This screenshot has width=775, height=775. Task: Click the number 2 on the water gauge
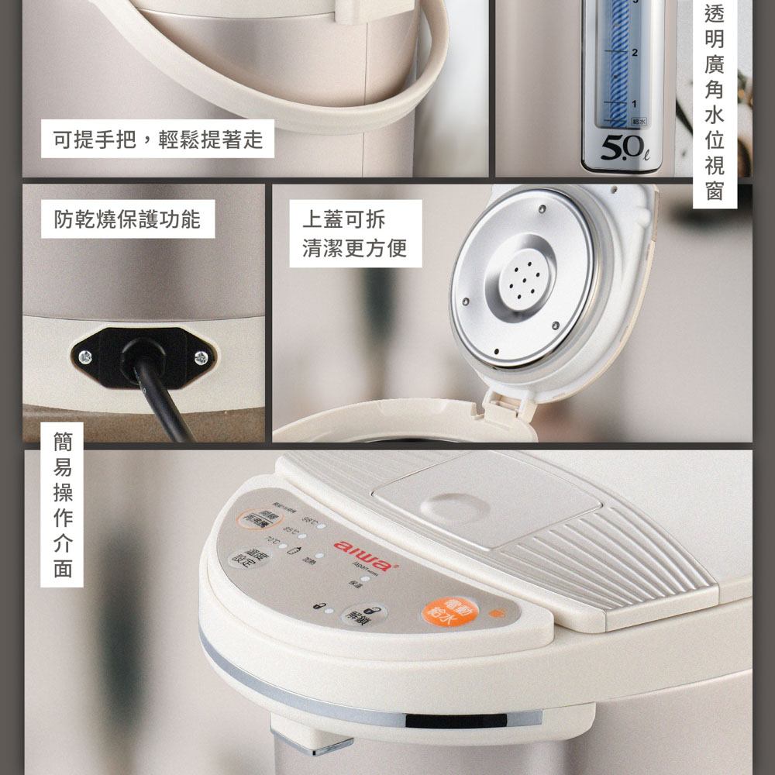click(x=635, y=53)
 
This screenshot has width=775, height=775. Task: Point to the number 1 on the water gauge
click(x=635, y=103)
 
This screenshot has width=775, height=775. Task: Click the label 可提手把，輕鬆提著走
click(x=158, y=139)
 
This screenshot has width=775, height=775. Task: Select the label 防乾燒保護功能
click(x=127, y=219)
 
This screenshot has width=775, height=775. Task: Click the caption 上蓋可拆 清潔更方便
click(x=355, y=234)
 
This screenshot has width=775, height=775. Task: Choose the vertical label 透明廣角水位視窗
click(x=714, y=102)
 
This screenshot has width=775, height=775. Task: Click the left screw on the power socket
click(x=85, y=356)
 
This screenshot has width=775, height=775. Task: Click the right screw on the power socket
click(x=201, y=356)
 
